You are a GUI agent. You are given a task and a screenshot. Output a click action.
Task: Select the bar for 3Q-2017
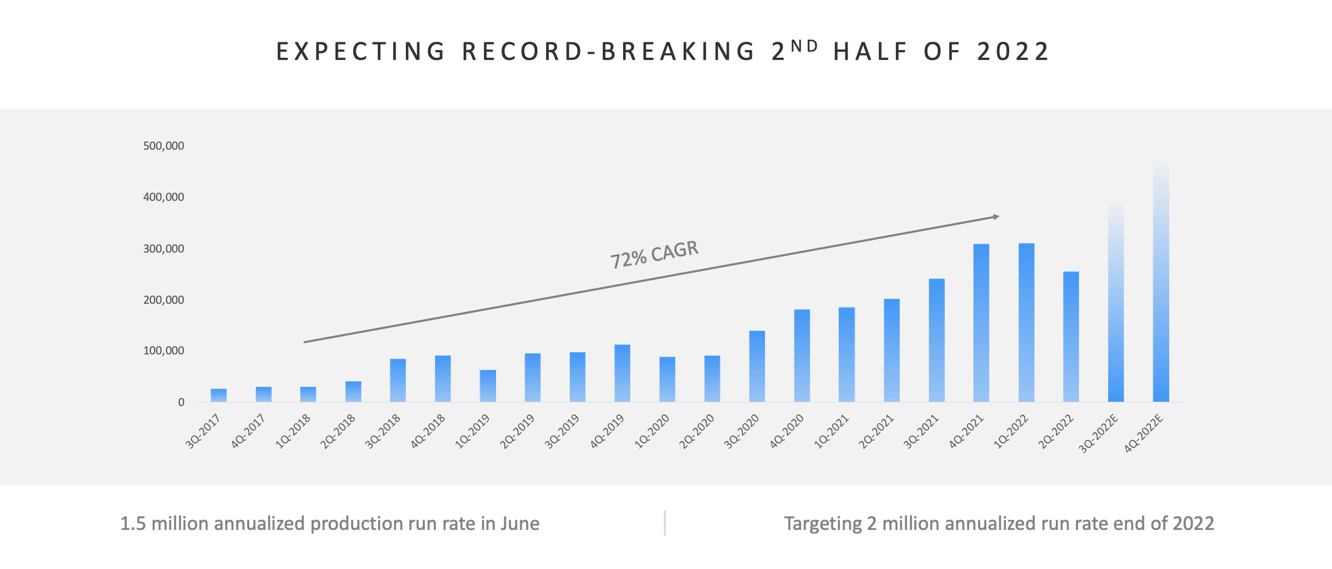(x=218, y=395)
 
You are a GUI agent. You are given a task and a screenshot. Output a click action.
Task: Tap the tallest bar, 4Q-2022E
(x=1161, y=286)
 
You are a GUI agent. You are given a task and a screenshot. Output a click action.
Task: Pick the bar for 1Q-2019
(x=488, y=386)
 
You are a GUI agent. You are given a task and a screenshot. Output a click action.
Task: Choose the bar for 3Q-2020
(x=757, y=366)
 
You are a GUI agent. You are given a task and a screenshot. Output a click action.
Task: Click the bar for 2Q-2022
(x=1071, y=337)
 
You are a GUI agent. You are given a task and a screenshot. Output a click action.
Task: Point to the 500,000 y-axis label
(x=163, y=146)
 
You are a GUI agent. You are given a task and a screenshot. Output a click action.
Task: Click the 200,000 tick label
(x=163, y=300)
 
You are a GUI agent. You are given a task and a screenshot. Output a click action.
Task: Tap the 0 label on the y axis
(x=181, y=402)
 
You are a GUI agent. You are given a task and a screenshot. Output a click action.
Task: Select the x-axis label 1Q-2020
(x=653, y=431)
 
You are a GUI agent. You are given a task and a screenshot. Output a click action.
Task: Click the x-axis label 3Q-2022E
(x=1099, y=434)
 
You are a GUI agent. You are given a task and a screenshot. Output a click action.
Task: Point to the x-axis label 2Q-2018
(x=338, y=431)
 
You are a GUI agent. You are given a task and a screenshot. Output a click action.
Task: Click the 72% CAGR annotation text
(x=654, y=254)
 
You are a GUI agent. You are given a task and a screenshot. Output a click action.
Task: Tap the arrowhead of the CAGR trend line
(x=995, y=217)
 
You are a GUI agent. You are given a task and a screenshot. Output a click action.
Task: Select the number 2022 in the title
(x=1013, y=52)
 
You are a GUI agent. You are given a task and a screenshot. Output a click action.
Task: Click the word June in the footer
(x=520, y=523)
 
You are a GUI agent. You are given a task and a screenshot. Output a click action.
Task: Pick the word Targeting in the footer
(x=822, y=523)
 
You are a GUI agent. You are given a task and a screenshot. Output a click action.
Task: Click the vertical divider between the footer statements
(x=665, y=523)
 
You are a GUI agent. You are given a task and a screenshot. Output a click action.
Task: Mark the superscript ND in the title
(x=805, y=46)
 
